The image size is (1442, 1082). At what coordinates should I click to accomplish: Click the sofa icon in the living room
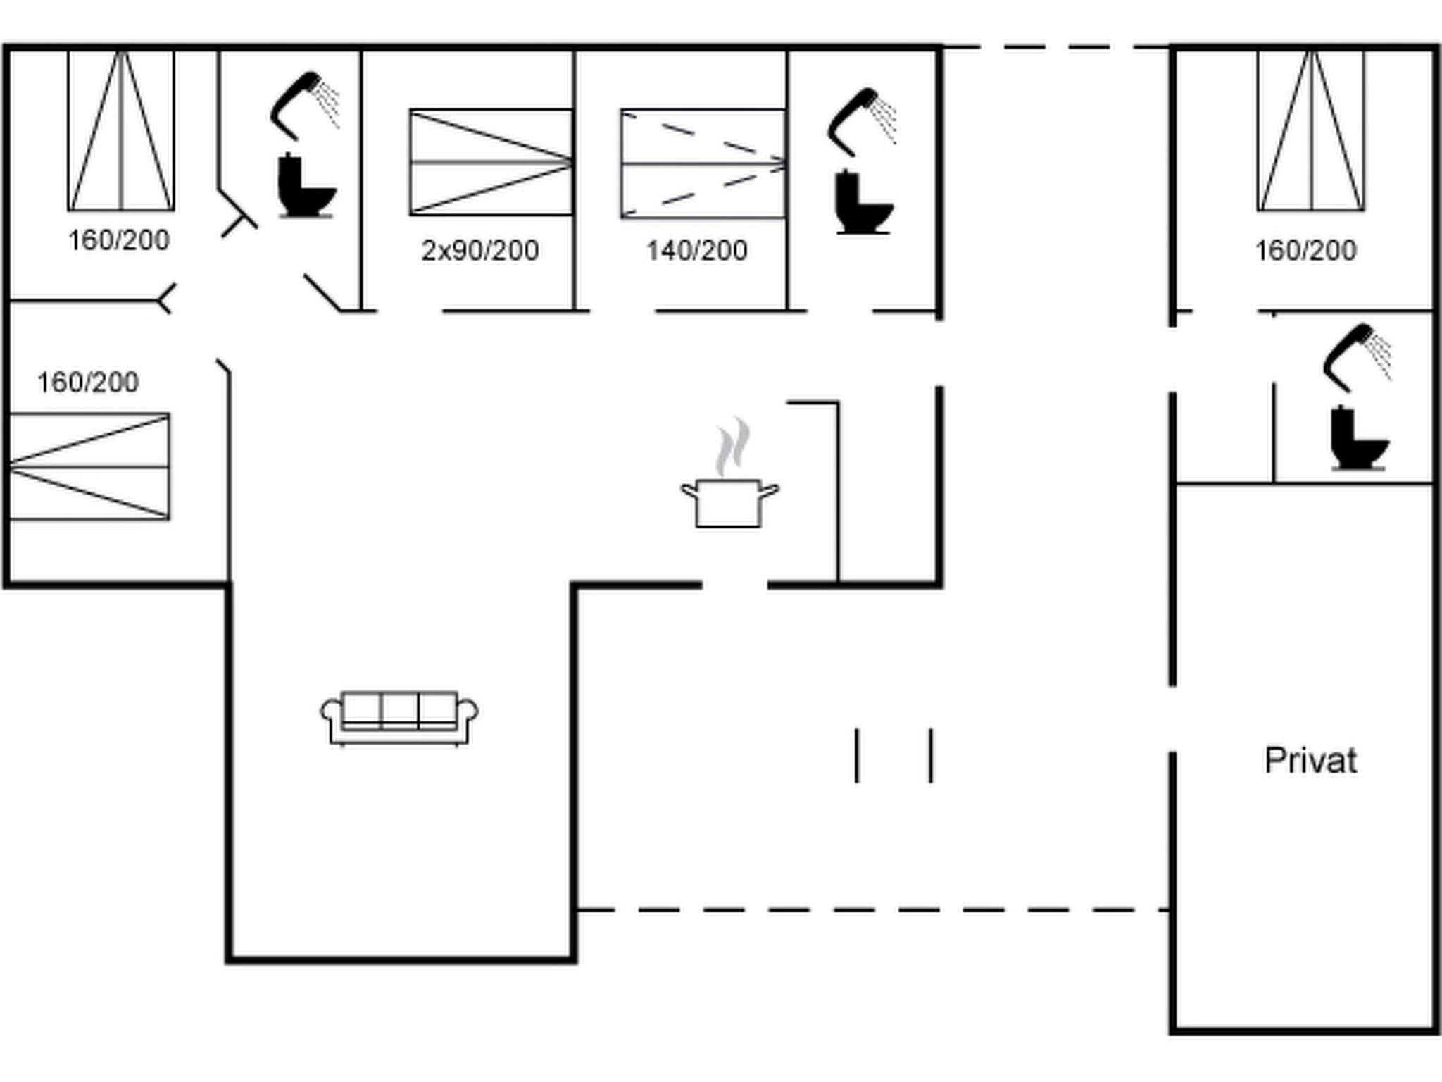click(399, 718)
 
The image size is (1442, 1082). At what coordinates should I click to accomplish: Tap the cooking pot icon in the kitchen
click(729, 502)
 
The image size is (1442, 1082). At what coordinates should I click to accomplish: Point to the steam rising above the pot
click(732, 445)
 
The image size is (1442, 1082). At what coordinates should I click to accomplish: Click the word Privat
click(1310, 761)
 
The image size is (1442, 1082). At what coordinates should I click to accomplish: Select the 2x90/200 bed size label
click(480, 251)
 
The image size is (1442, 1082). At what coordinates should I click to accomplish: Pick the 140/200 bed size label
click(697, 251)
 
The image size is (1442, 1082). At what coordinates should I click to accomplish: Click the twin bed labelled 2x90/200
click(491, 162)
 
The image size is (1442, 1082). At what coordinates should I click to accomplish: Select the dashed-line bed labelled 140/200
click(703, 163)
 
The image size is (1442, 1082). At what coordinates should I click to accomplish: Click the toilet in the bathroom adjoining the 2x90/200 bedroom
click(306, 186)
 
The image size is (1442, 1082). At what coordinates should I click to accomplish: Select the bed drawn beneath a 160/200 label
click(89, 467)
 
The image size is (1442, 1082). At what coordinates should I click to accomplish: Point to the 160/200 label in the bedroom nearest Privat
click(1305, 251)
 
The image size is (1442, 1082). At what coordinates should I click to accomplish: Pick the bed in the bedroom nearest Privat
click(1311, 130)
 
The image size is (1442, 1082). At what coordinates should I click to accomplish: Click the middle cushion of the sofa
click(399, 710)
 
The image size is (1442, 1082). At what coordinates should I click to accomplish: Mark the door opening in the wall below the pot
click(734, 585)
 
